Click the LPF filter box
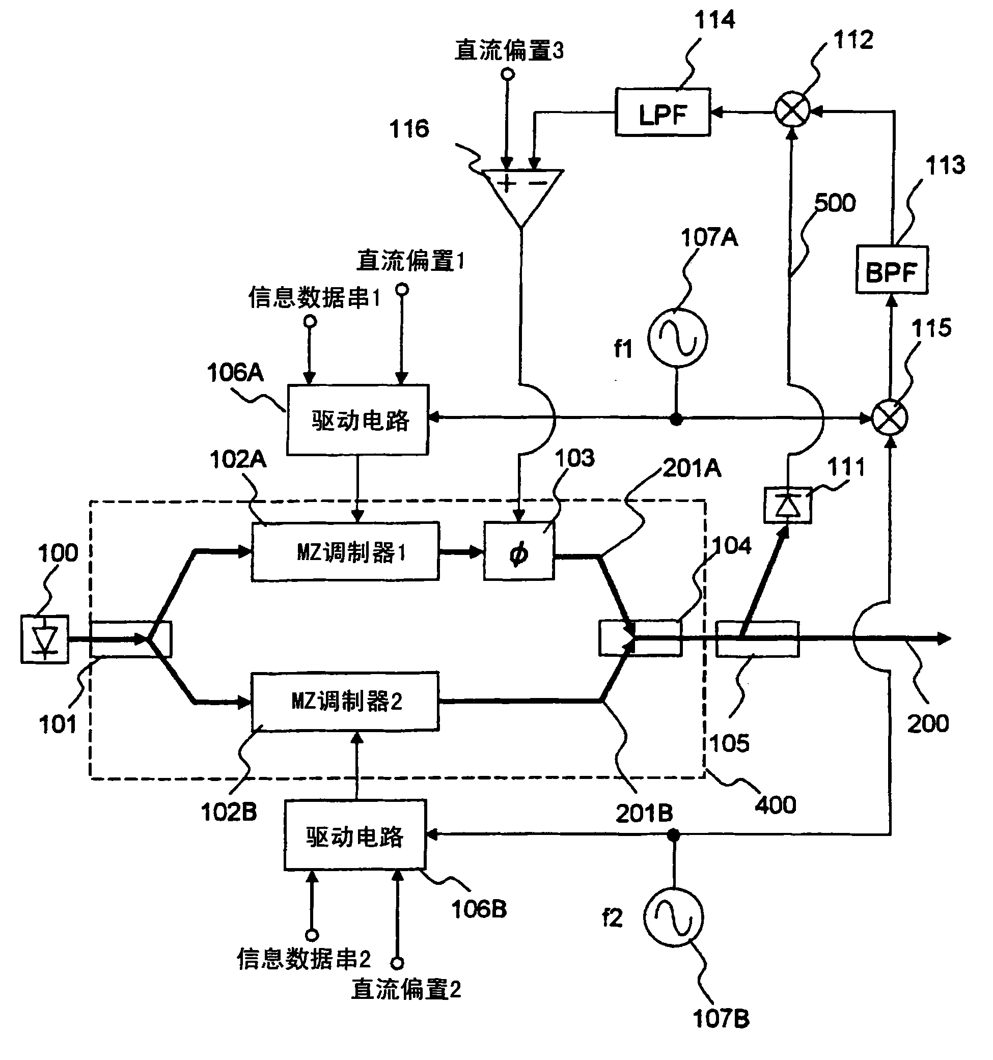pos(663,113)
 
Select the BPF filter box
pos(891,270)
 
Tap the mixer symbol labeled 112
pos(791,110)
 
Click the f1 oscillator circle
pos(677,338)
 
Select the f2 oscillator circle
pos(673,917)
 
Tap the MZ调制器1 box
pos(345,551)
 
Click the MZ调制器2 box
pos(345,701)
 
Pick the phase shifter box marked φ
pos(519,551)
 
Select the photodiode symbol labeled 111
pos(788,505)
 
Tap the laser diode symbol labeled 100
pos(45,639)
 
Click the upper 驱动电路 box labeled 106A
pos(357,420)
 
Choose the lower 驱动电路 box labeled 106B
pos(354,835)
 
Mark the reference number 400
pos(776,804)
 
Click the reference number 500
pos(835,203)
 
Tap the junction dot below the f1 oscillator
pos(676,419)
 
